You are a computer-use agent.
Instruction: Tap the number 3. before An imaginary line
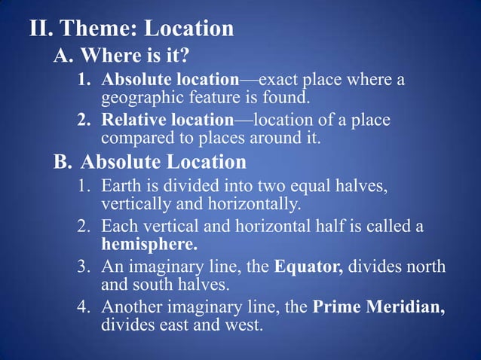point(87,267)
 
